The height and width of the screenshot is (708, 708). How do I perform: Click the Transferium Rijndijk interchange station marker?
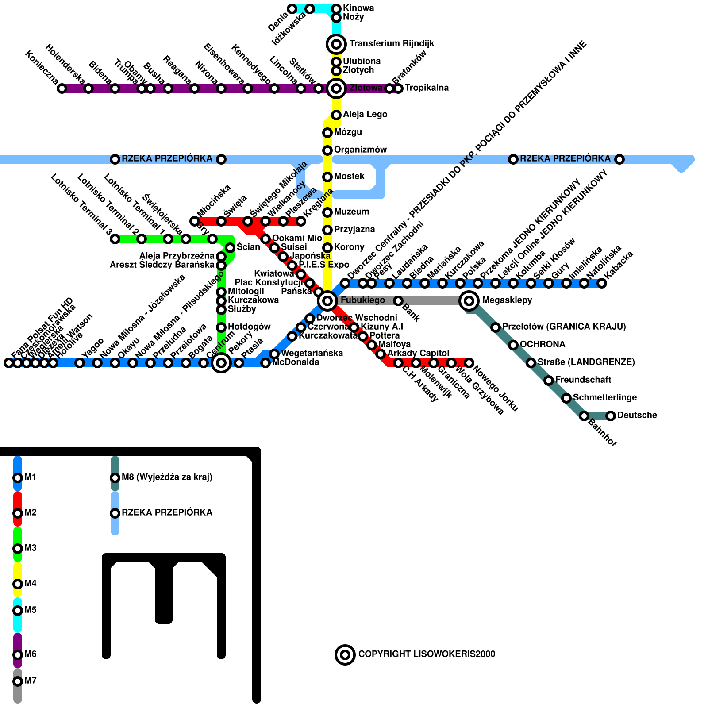[336, 44]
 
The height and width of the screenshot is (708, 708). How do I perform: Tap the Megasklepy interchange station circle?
[469, 301]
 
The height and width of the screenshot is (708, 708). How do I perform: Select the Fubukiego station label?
[362, 300]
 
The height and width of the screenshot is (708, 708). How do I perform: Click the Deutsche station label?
[637, 416]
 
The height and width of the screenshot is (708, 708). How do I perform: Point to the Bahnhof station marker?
[584, 416]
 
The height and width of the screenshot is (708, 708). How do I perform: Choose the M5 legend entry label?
[31, 610]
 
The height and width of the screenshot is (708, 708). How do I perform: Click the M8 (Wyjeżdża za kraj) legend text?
[167, 477]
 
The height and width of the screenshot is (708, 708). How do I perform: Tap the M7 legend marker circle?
[18, 681]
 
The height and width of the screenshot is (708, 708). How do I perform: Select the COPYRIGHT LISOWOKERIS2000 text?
[427, 654]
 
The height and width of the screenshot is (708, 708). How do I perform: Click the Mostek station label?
[349, 177]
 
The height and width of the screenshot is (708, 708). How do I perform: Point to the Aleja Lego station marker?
[336, 115]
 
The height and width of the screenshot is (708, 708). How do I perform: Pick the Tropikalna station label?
[427, 88]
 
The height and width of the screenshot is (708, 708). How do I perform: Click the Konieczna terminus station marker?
[62, 88]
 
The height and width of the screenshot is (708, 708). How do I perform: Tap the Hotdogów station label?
[249, 327]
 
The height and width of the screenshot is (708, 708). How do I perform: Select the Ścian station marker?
[230, 248]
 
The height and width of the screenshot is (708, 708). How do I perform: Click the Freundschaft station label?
[583, 380]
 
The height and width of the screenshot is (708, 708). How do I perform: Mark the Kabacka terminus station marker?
[602, 283]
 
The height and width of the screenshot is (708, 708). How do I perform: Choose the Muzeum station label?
[351, 212]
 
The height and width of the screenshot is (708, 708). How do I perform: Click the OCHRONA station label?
[542, 345]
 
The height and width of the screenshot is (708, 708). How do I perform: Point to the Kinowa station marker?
[336, 9]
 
